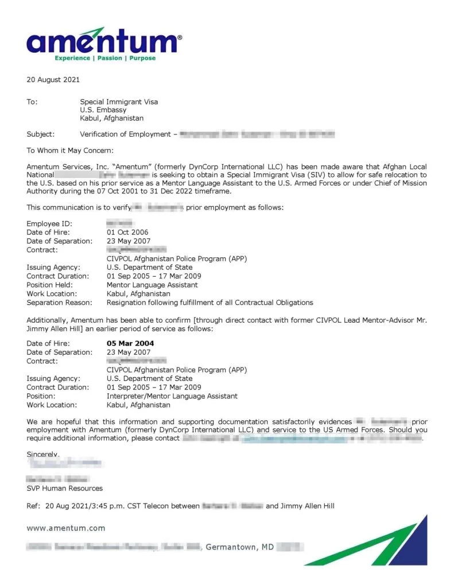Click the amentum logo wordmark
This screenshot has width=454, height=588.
[x=103, y=42]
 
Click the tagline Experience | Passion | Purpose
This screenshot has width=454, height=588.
[x=105, y=58]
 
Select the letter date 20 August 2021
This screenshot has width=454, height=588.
[x=53, y=80]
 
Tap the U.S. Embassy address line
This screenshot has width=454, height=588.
[x=103, y=110]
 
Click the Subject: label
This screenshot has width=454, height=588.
[x=41, y=134]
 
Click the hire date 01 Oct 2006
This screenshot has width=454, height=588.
[x=127, y=232]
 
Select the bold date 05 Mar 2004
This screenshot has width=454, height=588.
[x=130, y=343]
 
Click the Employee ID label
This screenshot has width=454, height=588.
[x=49, y=223]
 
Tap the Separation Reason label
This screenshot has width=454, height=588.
[x=59, y=302]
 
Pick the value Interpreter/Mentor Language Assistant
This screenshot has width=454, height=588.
[x=172, y=396]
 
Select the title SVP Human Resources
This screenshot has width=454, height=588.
[x=65, y=488]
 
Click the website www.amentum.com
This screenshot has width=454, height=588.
[x=66, y=528]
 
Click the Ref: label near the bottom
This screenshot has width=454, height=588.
[x=33, y=506]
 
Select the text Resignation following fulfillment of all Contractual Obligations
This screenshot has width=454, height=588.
[x=209, y=302]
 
